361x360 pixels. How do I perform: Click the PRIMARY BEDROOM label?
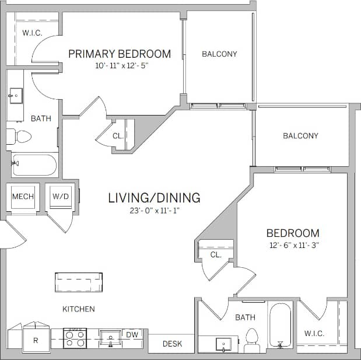tap(120, 54)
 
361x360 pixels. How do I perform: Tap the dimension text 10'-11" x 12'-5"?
tap(122, 66)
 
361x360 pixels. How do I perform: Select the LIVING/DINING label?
tap(154, 198)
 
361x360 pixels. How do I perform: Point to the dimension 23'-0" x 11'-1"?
tap(154, 211)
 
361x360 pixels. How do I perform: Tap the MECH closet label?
tap(23, 197)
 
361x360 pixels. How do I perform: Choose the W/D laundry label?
tap(61, 197)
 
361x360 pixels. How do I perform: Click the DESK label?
tap(172, 344)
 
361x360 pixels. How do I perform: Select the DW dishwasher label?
tap(132, 334)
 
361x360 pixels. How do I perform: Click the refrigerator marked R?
tap(35, 340)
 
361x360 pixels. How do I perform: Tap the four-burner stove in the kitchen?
tap(75, 338)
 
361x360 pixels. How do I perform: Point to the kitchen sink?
tap(110, 338)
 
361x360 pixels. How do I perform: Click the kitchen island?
tap(80, 282)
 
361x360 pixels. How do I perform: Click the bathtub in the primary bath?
tap(34, 165)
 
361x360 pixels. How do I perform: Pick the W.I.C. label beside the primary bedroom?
tap(31, 33)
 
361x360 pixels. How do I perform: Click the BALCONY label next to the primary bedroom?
tap(219, 54)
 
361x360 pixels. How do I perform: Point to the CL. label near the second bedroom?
tap(216, 255)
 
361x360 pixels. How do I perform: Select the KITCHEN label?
tap(79, 309)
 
